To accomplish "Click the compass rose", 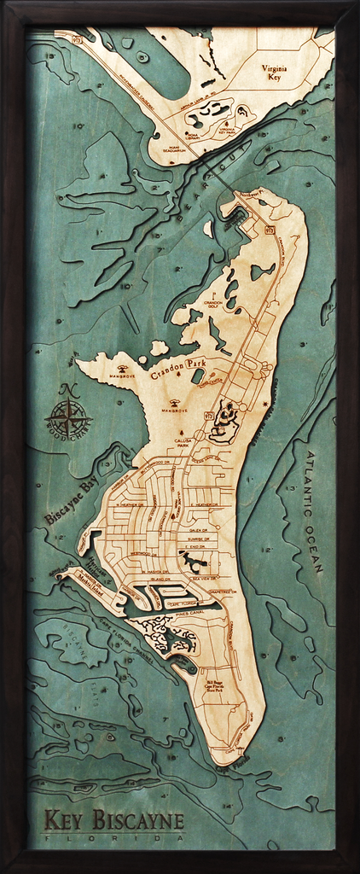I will coord(70,418).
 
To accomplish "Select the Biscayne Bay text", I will coord(72,502).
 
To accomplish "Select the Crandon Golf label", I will coord(212,305).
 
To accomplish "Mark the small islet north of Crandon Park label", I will coord(159,347).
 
